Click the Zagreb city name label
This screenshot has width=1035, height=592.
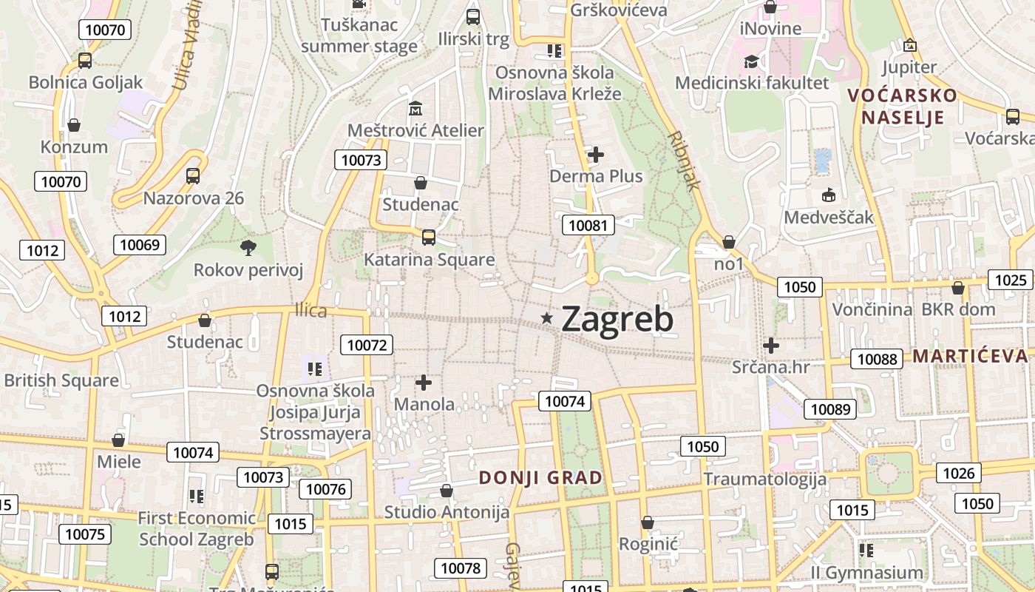point(617,319)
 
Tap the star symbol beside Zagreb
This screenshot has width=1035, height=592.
point(547,317)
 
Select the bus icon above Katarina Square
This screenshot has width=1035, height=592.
point(428,238)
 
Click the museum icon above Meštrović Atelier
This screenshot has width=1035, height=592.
point(415,109)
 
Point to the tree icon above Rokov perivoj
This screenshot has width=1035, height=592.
point(248,247)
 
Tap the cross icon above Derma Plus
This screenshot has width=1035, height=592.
point(596,155)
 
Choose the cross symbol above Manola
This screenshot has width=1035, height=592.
point(424,383)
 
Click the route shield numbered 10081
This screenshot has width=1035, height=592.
point(589,225)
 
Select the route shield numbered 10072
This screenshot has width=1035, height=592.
point(367,344)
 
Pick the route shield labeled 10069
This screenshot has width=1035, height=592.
point(140,244)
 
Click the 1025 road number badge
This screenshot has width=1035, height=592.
point(1011,280)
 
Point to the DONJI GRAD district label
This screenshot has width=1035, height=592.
point(541,477)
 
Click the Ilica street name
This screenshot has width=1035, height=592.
point(310,310)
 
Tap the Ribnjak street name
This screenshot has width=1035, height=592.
point(683,161)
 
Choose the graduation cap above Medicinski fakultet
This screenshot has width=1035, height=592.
point(752,61)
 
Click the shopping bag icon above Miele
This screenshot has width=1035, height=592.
point(118,440)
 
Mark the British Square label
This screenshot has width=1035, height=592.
point(61,380)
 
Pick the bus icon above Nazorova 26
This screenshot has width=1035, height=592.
point(193,176)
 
